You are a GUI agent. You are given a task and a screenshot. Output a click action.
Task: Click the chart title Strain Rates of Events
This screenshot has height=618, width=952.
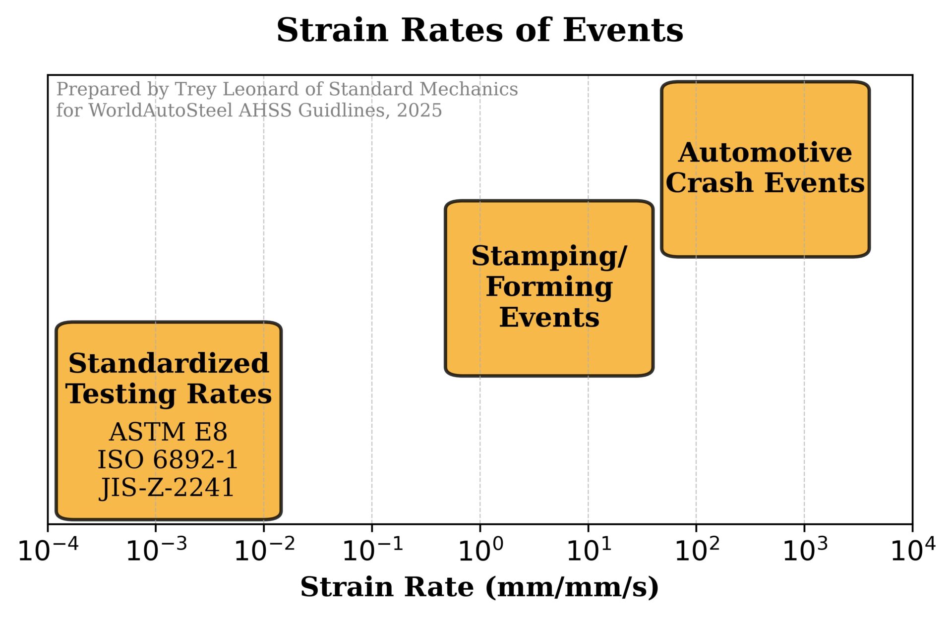[x=479, y=31]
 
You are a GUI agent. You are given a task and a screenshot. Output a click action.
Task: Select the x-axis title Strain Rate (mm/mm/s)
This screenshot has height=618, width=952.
[x=479, y=588]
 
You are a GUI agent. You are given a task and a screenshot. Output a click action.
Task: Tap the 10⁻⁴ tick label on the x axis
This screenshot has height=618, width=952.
[x=48, y=550]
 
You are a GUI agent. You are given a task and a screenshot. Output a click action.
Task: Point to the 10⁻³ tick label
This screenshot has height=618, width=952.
[x=156, y=550]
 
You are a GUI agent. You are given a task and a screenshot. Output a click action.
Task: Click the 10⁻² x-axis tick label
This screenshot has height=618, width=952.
[x=264, y=550]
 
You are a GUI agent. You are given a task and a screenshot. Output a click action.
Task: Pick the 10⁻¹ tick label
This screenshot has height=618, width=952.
[x=372, y=550]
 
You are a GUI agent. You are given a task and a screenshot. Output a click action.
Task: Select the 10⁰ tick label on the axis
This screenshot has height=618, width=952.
[x=480, y=550]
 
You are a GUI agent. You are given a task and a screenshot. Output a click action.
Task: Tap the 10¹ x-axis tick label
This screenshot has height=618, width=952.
[x=589, y=550]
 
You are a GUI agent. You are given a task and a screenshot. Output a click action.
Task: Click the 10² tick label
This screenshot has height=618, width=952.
[x=697, y=550]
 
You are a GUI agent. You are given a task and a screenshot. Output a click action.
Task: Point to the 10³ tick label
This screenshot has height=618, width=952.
[x=805, y=550]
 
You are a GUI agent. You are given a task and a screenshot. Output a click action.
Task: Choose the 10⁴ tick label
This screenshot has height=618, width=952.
[x=913, y=550]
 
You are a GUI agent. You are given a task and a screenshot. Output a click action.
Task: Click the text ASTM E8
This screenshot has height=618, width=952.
[x=168, y=432]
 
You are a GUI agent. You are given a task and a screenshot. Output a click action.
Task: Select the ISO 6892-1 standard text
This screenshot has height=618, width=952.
[x=168, y=460]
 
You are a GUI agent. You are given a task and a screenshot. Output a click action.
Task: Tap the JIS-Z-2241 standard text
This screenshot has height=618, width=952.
[x=167, y=488]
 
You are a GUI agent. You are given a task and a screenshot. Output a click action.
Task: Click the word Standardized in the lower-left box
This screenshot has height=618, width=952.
[x=169, y=364]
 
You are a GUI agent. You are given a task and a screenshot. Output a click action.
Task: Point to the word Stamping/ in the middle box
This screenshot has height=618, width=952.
[x=549, y=257]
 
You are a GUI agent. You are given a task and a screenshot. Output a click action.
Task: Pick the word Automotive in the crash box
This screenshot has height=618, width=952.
[x=765, y=153]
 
